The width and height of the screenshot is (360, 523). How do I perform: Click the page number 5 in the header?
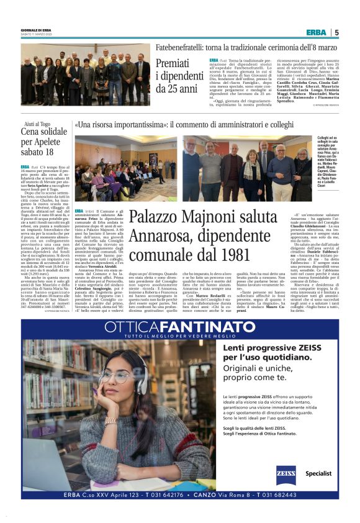tap(336, 32)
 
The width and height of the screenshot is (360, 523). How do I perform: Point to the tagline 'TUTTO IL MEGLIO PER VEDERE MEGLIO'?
tap(180, 336)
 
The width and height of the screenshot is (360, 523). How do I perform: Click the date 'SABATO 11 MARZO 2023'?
tap(35, 35)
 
